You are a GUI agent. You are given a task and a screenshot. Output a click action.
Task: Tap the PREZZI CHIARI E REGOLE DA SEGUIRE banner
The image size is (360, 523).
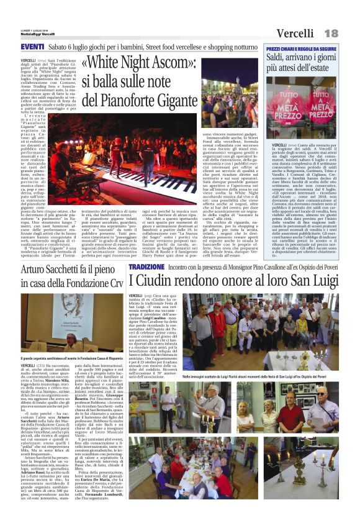pos(301,48)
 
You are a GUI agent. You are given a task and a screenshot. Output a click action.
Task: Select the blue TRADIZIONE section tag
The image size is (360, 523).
pos(146,266)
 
